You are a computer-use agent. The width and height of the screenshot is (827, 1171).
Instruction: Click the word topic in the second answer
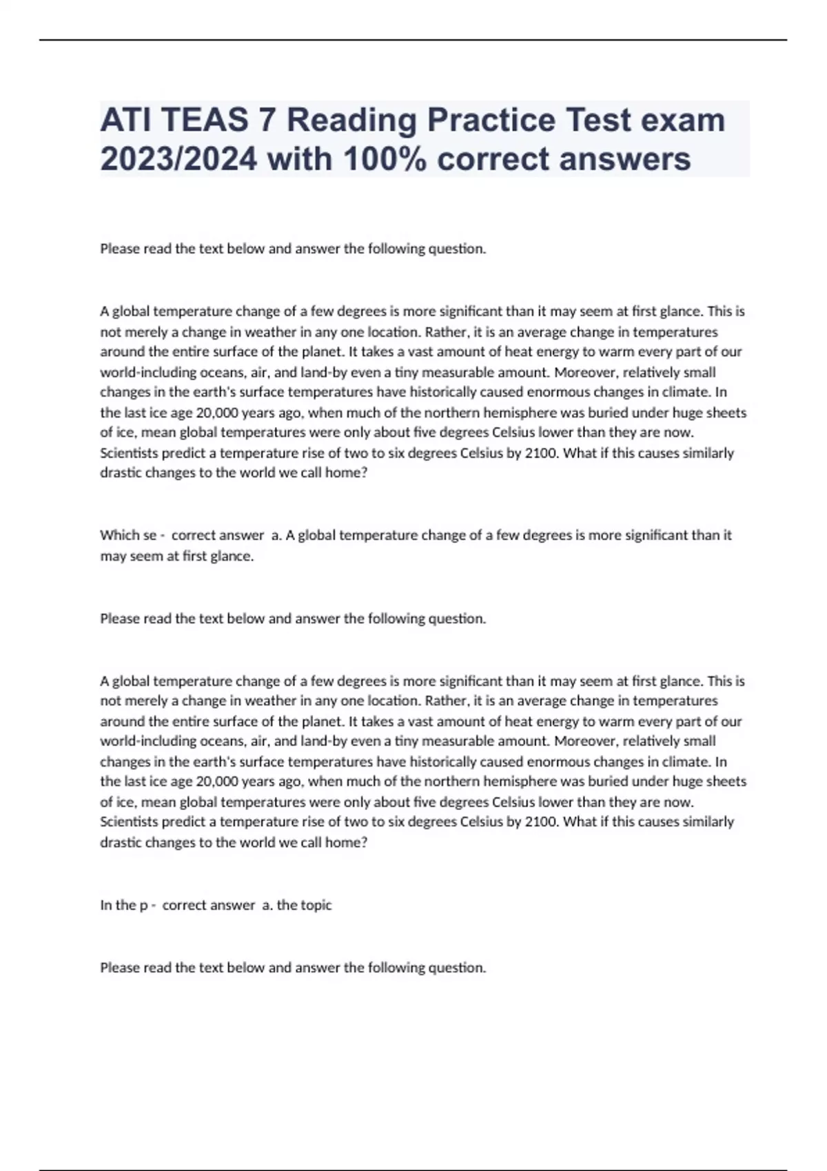tap(316, 905)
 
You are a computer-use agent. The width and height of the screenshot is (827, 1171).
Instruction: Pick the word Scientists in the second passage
tap(129, 822)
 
